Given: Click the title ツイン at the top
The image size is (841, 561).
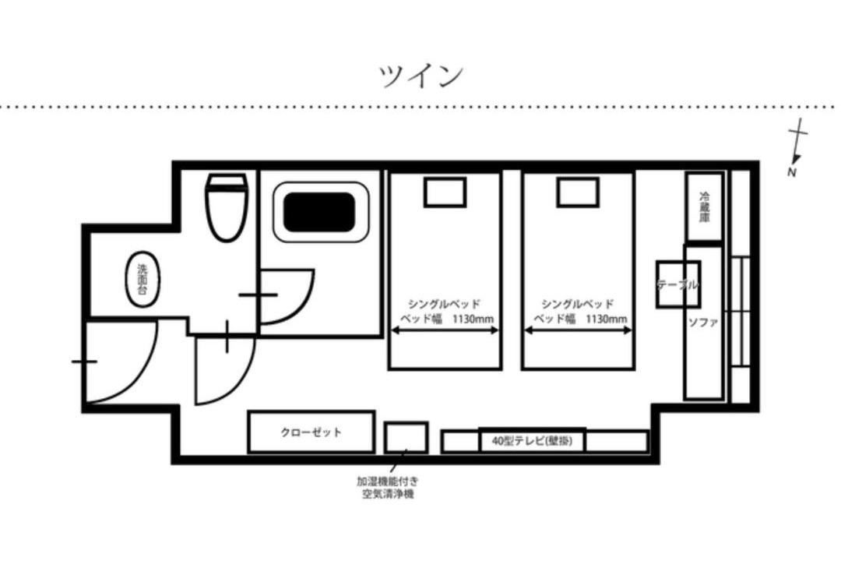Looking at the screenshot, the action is [x=421, y=76].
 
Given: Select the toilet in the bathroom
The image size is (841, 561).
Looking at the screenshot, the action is [x=227, y=206].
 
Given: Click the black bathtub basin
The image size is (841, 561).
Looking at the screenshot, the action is [x=319, y=213].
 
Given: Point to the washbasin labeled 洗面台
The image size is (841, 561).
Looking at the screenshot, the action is [x=143, y=280].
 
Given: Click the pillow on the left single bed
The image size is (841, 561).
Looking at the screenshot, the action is [x=445, y=192].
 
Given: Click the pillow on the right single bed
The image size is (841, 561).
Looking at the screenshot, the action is [x=578, y=192].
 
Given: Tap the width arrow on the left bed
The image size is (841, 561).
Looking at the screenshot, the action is [x=445, y=330].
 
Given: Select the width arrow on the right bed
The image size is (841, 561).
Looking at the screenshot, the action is [x=578, y=330].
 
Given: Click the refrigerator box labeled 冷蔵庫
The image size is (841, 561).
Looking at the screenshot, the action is [x=704, y=206].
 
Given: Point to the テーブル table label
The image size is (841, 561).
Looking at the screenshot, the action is [x=678, y=285].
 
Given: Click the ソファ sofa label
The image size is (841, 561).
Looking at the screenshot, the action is [x=702, y=323].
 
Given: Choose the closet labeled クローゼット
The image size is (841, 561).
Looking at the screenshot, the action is [x=311, y=432].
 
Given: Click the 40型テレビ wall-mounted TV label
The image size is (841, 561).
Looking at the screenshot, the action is [x=532, y=441].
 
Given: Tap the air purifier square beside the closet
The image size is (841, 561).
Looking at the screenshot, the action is [x=406, y=437].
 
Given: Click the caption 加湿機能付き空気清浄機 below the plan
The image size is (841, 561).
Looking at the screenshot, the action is [x=387, y=488].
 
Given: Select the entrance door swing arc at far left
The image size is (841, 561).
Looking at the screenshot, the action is [x=143, y=376].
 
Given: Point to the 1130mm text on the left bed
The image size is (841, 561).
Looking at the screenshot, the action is [x=473, y=319].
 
